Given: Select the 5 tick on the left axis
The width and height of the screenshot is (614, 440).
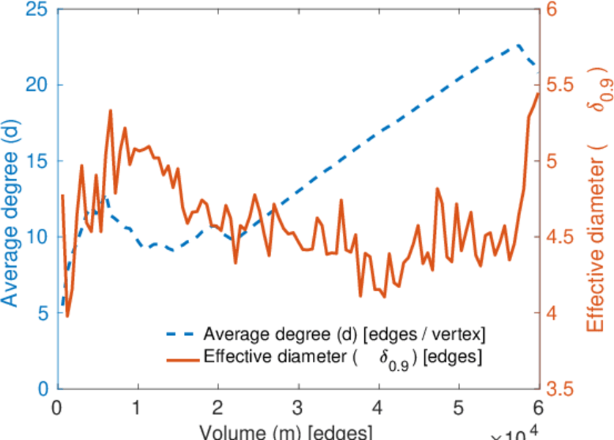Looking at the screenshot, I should [45, 313].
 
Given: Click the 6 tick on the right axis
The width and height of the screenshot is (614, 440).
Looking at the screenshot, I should [553, 9].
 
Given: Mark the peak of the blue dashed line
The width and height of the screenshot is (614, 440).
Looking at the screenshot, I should [518, 45].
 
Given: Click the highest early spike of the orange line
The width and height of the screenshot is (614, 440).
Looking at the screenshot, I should [111, 111].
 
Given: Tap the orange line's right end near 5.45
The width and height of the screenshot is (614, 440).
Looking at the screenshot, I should [538, 94].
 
